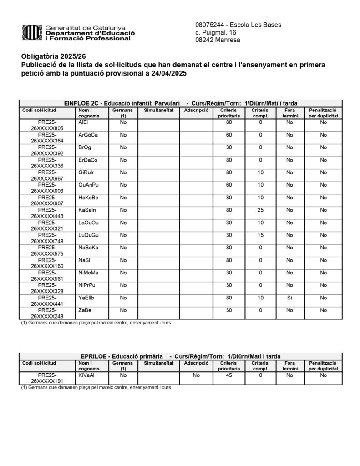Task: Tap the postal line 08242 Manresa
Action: [x=218, y=40]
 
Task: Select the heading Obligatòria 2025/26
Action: [x=53, y=56]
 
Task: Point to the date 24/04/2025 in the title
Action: [x=168, y=73]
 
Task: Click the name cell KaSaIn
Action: [x=87, y=210]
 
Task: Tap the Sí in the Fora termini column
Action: [x=289, y=298]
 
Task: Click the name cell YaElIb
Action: [x=87, y=298]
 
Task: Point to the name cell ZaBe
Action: [x=85, y=310]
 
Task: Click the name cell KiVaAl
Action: [x=86, y=375]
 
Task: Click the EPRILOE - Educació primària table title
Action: [x=180, y=356]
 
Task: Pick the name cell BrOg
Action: [x=85, y=147]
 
